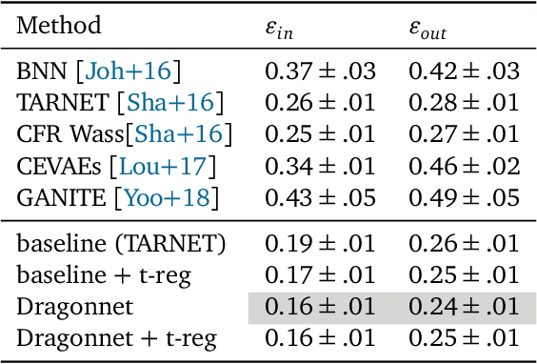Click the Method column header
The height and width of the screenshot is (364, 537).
59,26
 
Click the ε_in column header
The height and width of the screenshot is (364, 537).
279,28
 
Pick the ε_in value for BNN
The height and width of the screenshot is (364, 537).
320,71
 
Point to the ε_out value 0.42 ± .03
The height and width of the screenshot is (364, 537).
464,71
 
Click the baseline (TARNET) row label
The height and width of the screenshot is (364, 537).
122,244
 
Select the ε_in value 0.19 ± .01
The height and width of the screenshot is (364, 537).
320,244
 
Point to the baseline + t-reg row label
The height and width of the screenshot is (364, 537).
102,276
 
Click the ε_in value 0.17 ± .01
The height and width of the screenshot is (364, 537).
320,276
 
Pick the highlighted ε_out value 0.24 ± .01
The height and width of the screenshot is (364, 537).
464,308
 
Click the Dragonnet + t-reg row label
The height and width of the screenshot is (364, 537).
117,339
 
